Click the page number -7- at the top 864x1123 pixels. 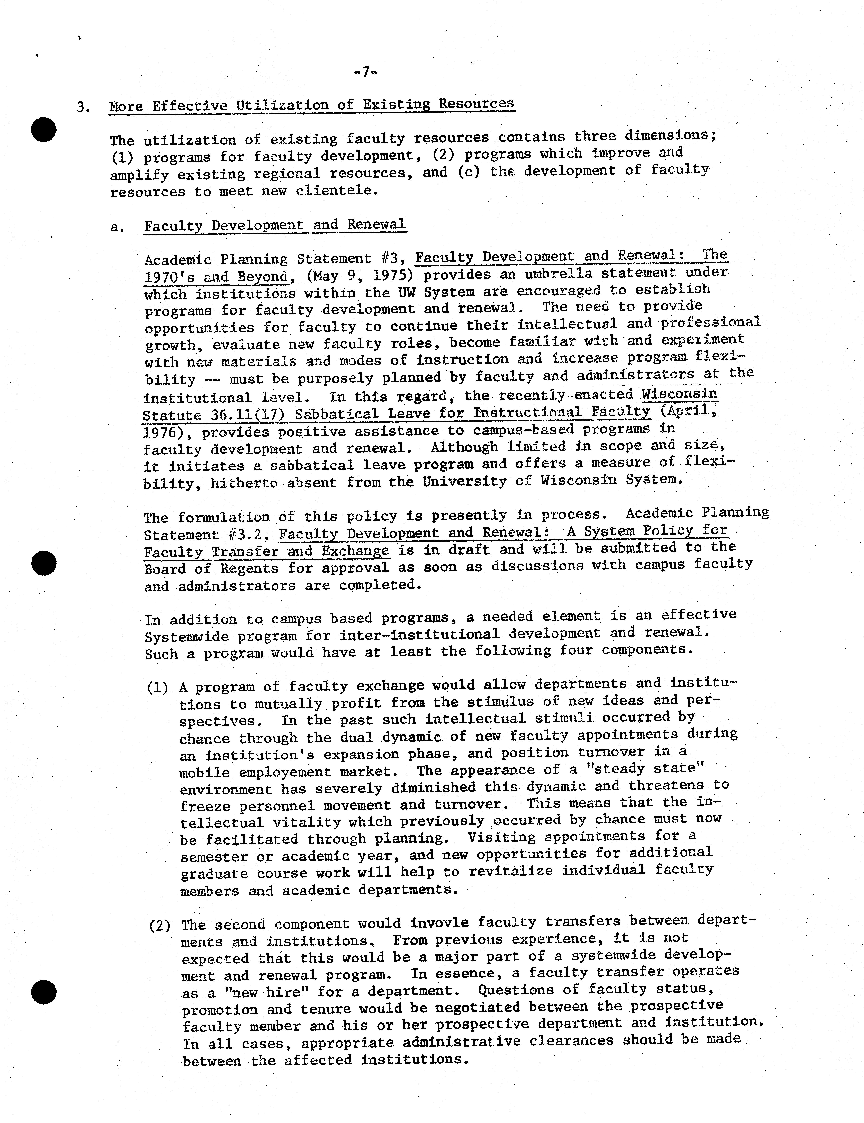tap(366, 72)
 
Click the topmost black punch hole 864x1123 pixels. tap(44, 130)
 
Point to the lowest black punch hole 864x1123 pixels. tap(44, 992)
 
